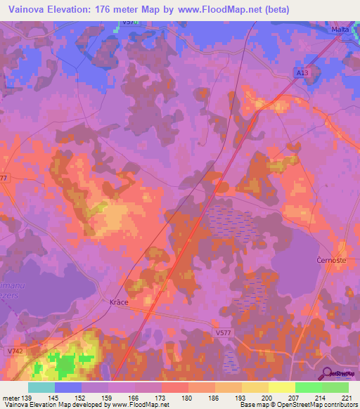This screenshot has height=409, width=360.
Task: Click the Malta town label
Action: (341, 30)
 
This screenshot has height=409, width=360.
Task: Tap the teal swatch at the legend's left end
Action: (41, 387)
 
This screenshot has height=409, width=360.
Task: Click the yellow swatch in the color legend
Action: (281, 387)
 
